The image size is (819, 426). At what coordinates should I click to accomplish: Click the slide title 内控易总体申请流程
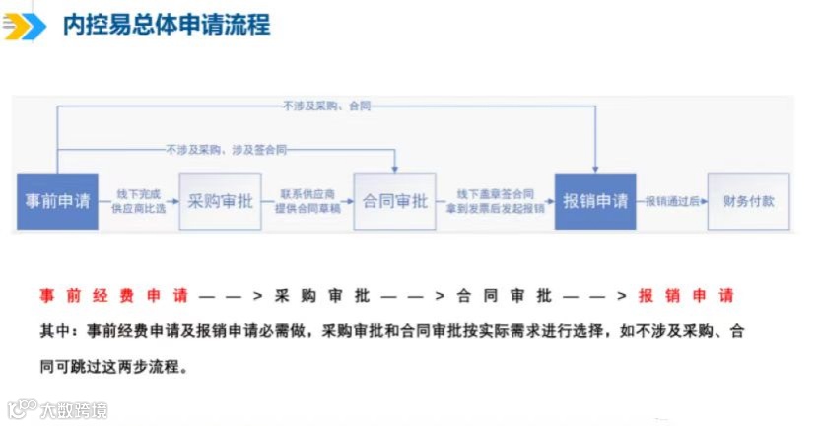point(166,25)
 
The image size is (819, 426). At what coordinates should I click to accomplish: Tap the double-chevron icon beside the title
point(25,26)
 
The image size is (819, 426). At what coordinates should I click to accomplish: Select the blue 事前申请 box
point(57,201)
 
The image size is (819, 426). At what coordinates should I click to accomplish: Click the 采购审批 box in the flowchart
point(220,201)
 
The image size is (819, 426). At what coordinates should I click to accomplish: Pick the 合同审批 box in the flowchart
point(394,201)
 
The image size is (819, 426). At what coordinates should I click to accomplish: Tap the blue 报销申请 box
point(595,201)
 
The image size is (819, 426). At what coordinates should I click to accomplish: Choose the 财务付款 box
point(748,201)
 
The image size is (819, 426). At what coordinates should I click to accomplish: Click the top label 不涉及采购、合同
point(326,106)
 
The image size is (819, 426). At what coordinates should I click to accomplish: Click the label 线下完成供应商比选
point(139,201)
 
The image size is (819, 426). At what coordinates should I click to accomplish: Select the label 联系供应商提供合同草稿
point(307,201)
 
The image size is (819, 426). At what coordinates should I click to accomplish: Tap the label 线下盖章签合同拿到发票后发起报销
point(495,201)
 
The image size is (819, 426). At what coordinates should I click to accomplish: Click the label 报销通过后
point(671,201)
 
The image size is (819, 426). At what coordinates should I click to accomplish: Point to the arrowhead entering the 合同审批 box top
point(394,168)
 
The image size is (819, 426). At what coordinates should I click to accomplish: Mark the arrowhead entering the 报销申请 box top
point(595,168)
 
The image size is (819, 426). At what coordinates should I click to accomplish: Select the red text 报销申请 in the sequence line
point(685,296)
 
